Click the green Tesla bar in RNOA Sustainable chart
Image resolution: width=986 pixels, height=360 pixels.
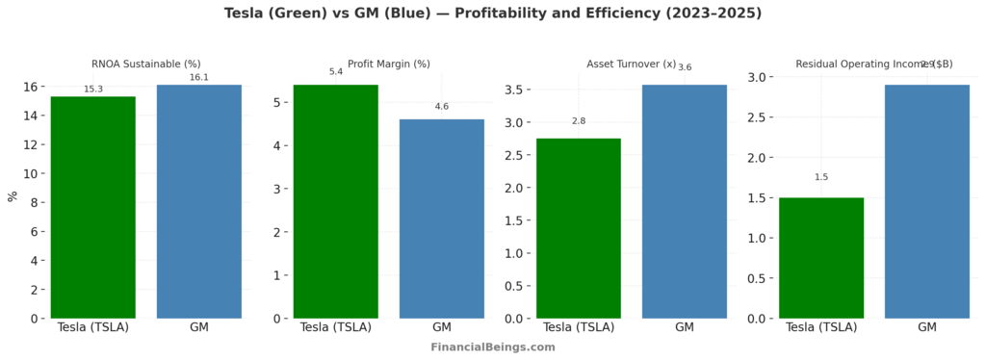click(93, 207)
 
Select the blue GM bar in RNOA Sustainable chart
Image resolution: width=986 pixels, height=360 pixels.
click(199, 201)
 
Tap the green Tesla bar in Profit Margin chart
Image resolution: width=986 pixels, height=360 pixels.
click(336, 201)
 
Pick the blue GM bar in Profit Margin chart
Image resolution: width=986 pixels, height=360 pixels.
click(442, 219)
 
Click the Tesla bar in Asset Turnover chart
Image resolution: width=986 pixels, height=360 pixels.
click(579, 228)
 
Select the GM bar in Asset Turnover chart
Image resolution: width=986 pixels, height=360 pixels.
click(685, 201)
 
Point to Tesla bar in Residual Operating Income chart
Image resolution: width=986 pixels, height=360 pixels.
click(821, 258)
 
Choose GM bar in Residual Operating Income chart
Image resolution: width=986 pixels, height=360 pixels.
click(927, 201)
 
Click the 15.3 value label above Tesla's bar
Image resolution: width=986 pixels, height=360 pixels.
click(93, 89)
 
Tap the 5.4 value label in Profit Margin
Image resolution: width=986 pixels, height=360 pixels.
click(336, 71)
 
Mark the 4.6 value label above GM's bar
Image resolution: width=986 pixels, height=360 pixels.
click(442, 106)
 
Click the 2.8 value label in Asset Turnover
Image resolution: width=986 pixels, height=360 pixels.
click(579, 120)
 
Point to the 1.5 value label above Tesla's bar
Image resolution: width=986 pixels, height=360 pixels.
click(821, 177)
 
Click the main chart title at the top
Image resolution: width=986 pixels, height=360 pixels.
click(492, 13)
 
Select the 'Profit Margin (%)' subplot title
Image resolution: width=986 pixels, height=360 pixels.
click(389, 64)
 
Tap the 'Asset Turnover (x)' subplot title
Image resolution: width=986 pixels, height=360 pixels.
click(632, 64)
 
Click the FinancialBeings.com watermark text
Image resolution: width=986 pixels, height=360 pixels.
click(492, 347)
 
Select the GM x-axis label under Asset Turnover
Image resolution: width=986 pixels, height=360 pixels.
click(685, 327)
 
